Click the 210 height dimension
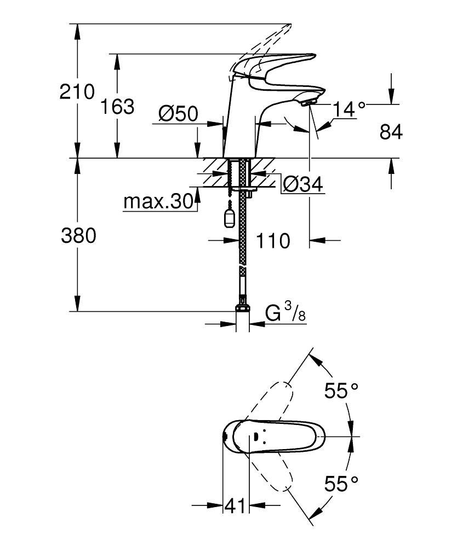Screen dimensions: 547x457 point(77,92)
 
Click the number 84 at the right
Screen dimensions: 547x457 point(391,132)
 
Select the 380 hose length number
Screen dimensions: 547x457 point(78,236)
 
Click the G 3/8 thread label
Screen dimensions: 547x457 point(284,313)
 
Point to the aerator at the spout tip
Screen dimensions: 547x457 point(308,101)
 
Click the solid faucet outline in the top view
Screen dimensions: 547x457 point(274,437)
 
